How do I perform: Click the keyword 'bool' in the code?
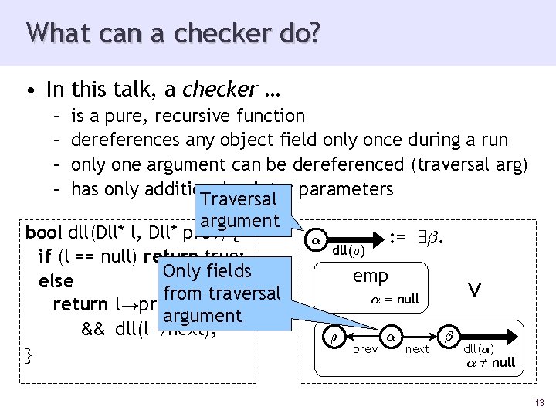[x=43, y=232]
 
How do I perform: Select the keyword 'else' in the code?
[x=56, y=281]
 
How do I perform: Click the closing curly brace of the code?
[x=29, y=354]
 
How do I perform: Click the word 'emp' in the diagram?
[x=370, y=276]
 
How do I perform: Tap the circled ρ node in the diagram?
[x=334, y=337]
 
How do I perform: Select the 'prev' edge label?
[x=364, y=350]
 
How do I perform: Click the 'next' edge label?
[x=418, y=350]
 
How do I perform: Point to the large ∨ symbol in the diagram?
[x=475, y=289]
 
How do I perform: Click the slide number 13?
[x=538, y=402]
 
